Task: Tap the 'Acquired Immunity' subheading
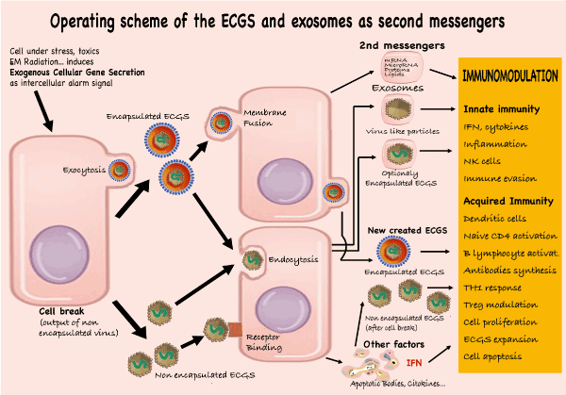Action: click(504, 201)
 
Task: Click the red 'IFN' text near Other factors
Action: click(414, 361)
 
